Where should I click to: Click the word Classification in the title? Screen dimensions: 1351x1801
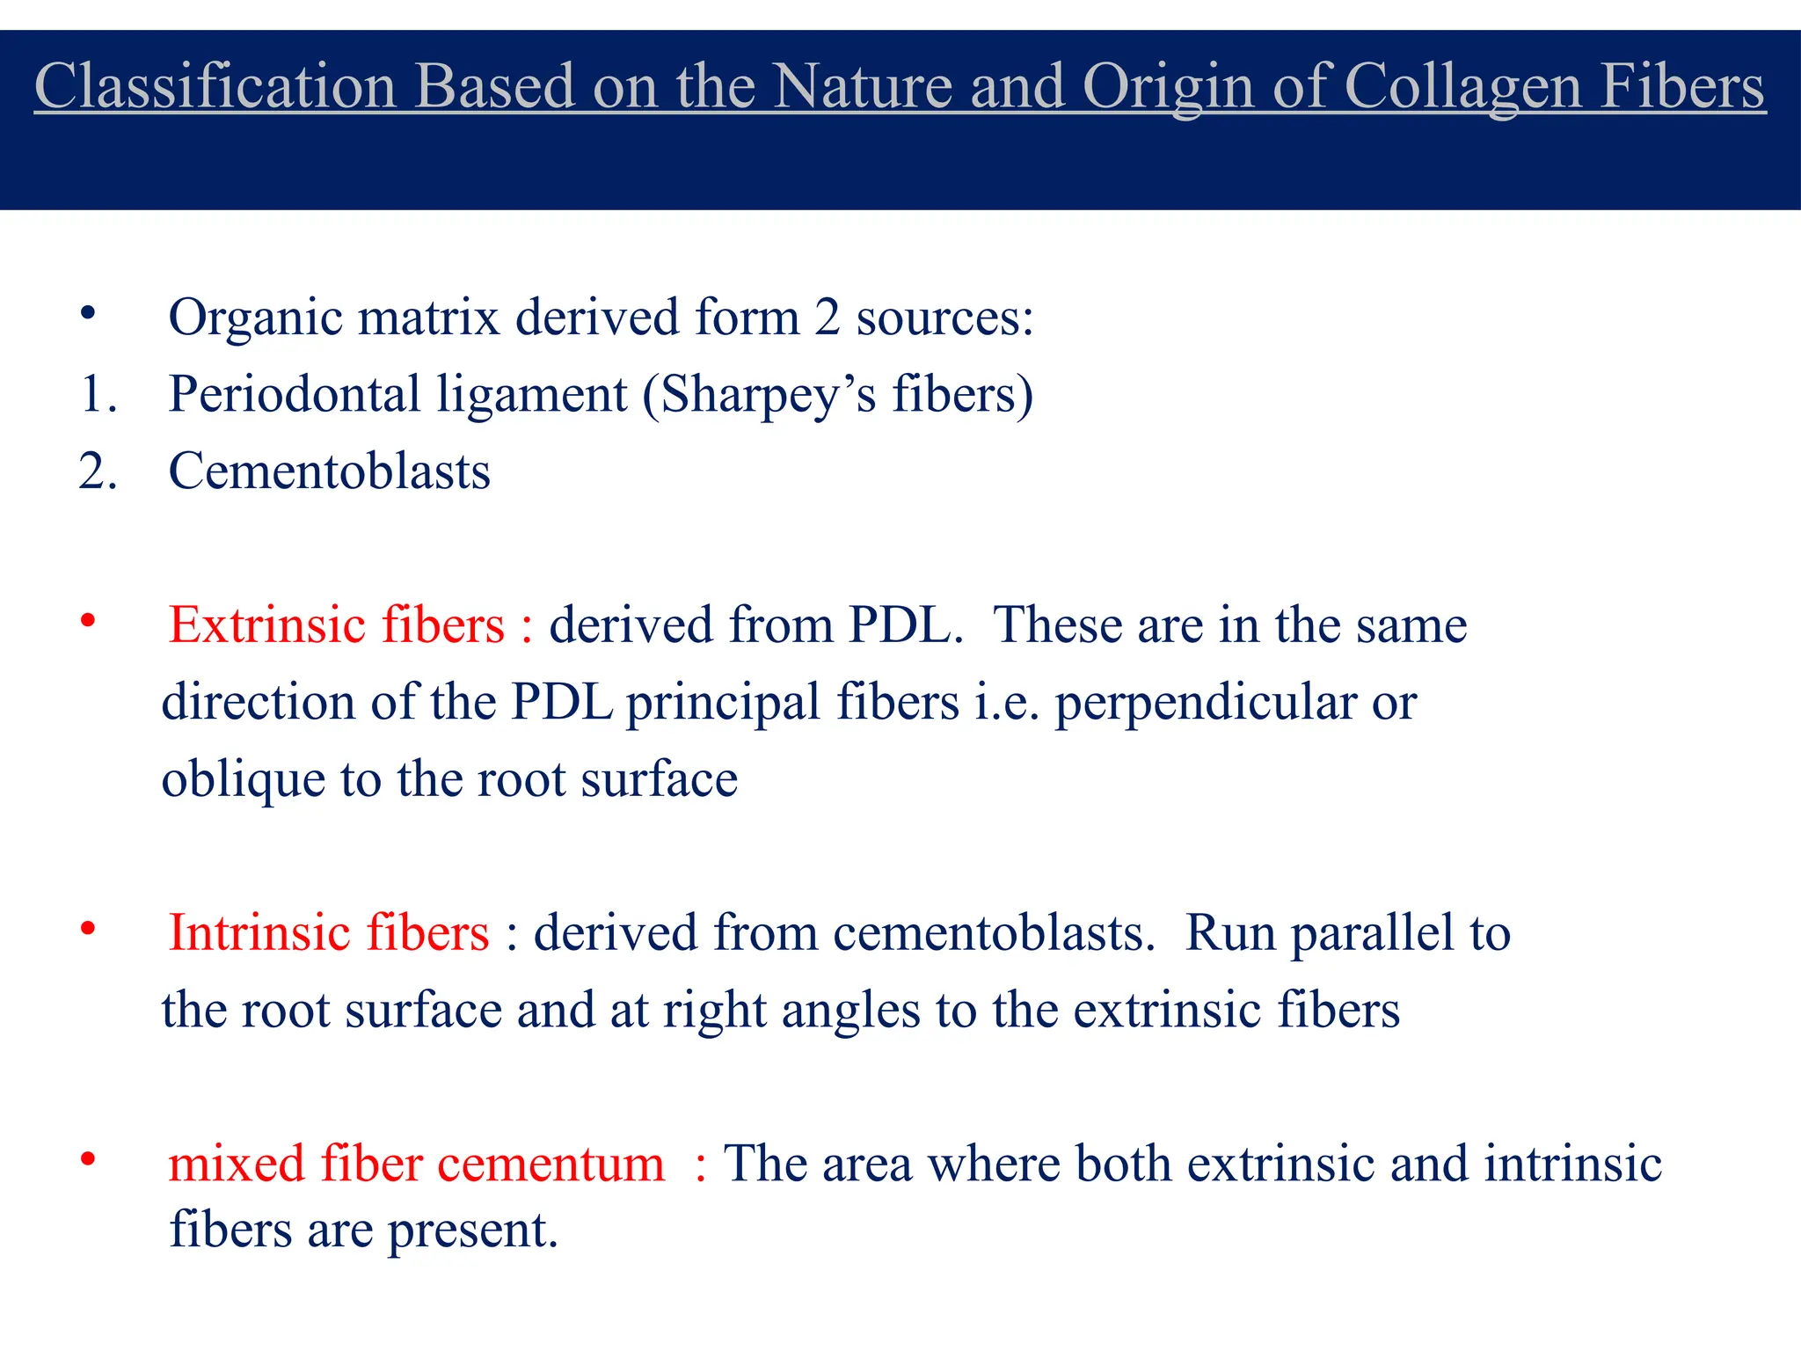point(215,86)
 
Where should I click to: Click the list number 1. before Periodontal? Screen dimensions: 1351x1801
point(98,394)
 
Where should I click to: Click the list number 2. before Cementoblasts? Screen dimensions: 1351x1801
point(98,471)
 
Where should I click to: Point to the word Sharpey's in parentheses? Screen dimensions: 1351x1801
point(769,394)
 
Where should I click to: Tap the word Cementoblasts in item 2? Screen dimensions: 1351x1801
point(329,471)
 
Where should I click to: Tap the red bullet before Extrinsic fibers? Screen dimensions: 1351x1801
point(87,621)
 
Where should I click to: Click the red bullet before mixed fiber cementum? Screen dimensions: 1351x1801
point(87,1159)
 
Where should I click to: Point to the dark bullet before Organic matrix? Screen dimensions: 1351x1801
point(87,313)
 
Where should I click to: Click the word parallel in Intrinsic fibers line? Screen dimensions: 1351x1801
point(1372,933)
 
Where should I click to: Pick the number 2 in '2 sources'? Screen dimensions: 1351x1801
point(827,318)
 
